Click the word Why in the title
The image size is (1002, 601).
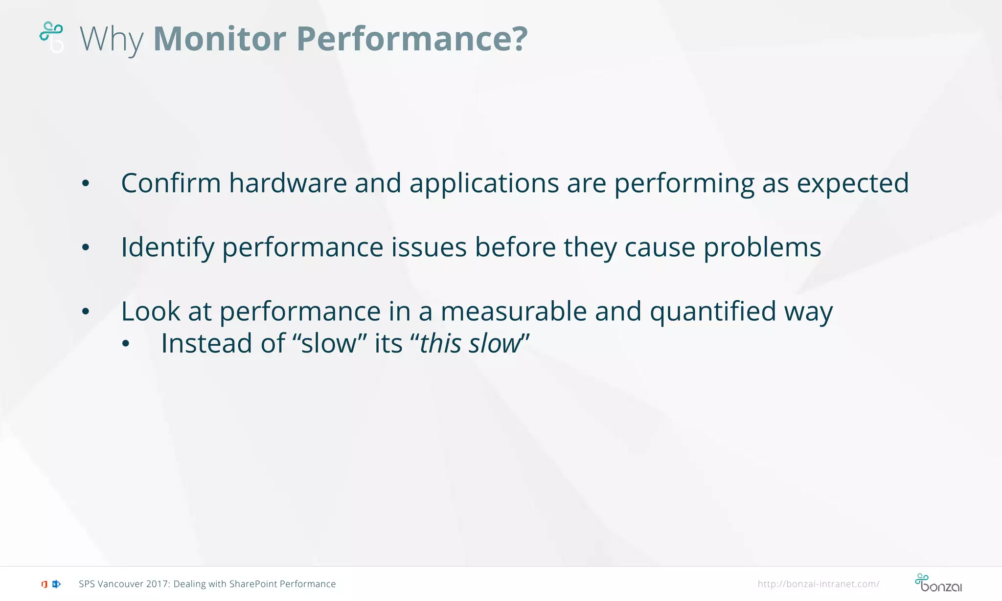(112, 39)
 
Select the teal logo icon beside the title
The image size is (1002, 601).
(51, 37)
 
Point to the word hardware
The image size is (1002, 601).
(288, 183)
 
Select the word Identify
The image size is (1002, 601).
(167, 248)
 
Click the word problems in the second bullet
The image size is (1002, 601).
(762, 248)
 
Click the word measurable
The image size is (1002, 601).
(513, 312)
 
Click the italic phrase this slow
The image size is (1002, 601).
(470, 343)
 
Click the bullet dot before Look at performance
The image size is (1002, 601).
(86, 312)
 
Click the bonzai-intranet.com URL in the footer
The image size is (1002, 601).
(818, 584)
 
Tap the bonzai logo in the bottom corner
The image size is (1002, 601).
(938, 583)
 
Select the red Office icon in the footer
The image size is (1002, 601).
(44, 584)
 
